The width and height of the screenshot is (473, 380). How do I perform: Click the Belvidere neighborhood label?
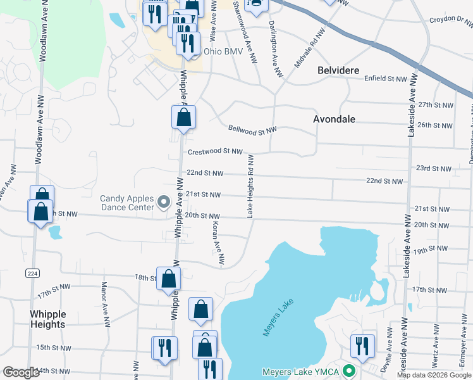(338, 70)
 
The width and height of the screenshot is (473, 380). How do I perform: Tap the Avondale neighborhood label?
(335, 119)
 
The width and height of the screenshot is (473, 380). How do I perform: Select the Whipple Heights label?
(47, 319)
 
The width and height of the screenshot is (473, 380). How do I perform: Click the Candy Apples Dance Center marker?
(164, 203)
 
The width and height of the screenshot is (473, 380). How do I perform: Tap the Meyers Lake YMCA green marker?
(348, 371)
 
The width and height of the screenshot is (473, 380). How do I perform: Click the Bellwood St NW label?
(252, 130)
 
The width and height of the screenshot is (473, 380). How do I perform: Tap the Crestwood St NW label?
(215, 151)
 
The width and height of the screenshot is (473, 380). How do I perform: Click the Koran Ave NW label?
(218, 243)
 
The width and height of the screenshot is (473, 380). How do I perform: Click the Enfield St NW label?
(386, 79)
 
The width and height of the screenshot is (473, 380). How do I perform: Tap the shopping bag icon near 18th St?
(169, 278)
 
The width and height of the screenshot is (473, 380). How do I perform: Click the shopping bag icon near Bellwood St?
(183, 117)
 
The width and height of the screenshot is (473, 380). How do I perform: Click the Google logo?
(21, 372)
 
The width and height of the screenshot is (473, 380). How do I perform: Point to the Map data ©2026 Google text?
(434, 375)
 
